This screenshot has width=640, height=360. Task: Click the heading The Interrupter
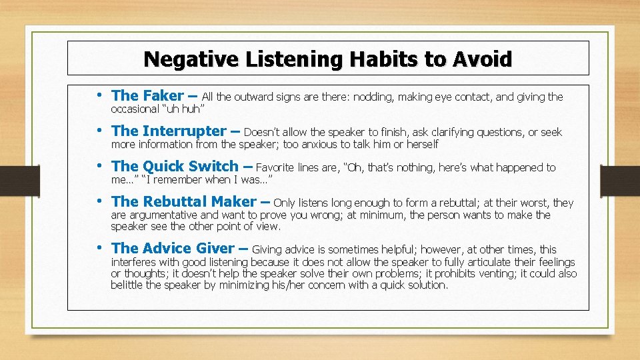[x=169, y=131]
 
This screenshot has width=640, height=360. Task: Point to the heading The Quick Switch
[x=175, y=167]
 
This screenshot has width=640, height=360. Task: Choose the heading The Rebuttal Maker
[x=183, y=201]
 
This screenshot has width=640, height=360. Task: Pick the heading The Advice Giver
[x=173, y=249]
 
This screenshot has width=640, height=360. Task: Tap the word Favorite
[x=279, y=167]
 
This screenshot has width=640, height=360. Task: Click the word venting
[x=493, y=273]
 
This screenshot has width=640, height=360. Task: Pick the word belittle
[x=129, y=285]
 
